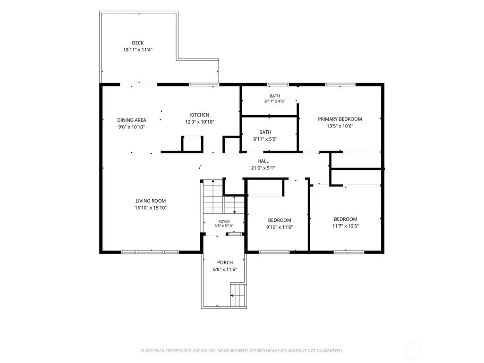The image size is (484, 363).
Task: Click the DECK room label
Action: tap(138, 43)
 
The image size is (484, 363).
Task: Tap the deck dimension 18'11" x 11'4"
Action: tap(138, 50)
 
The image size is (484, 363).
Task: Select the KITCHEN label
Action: tap(199, 115)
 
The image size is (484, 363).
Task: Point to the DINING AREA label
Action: tap(131, 120)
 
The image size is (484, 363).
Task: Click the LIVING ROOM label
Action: tap(151, 201)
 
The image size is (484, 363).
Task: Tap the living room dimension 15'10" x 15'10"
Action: tap(151, 208)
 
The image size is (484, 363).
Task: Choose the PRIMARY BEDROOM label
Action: tap(340, 119)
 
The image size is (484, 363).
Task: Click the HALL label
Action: tap(263, 161)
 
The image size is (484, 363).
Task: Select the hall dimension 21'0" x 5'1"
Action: tap(263, 168)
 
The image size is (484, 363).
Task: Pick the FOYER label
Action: tap(224, 221)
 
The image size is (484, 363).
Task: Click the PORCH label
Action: tap(225, 262)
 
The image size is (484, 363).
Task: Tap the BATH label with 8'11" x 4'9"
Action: tap(275, 96)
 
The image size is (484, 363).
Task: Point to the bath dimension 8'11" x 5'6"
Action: tap(265, 139)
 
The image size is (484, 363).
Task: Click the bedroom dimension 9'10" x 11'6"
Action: tap(280, 227)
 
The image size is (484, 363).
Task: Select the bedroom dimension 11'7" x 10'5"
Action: tap(345, 226)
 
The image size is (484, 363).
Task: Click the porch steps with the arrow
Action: tap(238, 295)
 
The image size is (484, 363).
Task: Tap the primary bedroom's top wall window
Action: tap(340, 84)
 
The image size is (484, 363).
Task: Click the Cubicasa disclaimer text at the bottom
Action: tap(242, 351)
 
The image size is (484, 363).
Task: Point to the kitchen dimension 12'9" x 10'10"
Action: tap(199, 122)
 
